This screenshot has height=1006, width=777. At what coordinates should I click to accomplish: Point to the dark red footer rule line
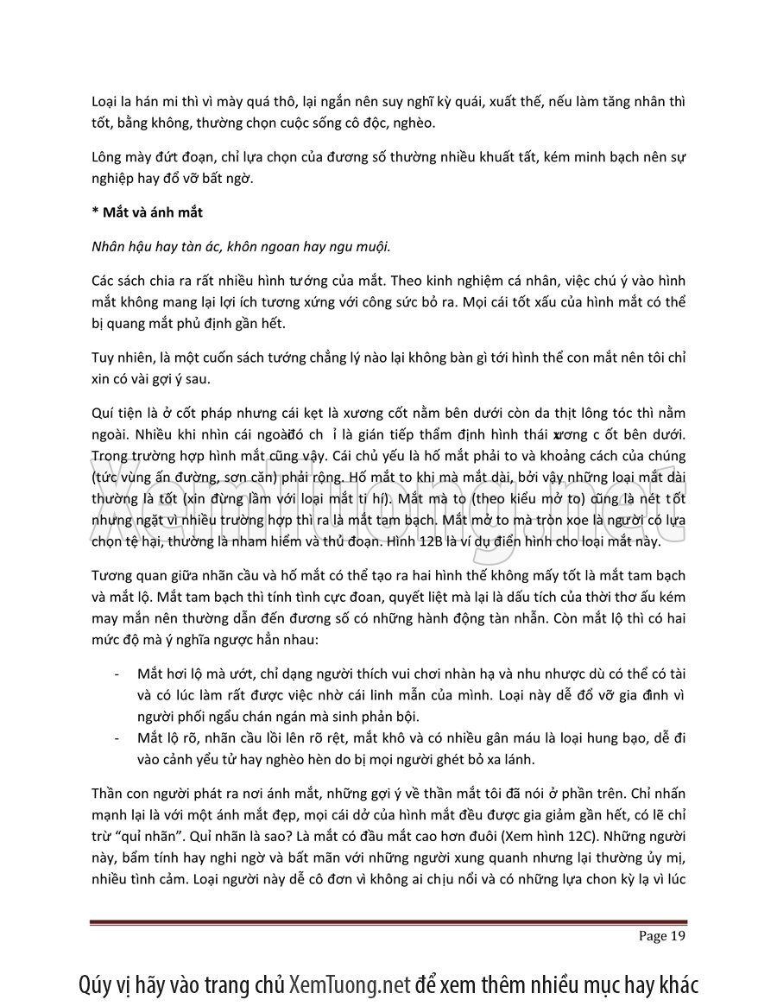[x=388, y=923]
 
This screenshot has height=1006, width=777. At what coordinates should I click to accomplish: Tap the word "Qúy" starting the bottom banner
[x=95, y=984]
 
